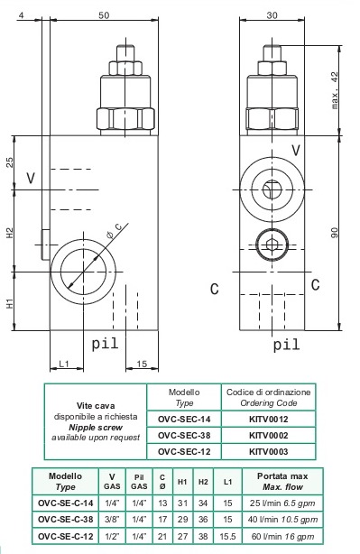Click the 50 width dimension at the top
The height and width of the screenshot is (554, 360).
[x=104, y=15]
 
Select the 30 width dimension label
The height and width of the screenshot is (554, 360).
[x=272, y=15]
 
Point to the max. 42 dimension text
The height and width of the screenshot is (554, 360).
[x=335, y=90]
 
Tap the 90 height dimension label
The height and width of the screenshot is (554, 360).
[x=335, y=233]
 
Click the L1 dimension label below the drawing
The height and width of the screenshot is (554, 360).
[x=64, y=364]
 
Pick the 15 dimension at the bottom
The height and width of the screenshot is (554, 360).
[x=142, y=364]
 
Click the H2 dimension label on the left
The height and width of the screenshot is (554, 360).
[x=10, y=233]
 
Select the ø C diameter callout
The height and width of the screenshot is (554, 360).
[x=114, y=231]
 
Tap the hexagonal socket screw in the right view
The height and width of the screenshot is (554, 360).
[x=272, y=245]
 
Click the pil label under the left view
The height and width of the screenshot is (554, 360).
[x=105, y=343]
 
